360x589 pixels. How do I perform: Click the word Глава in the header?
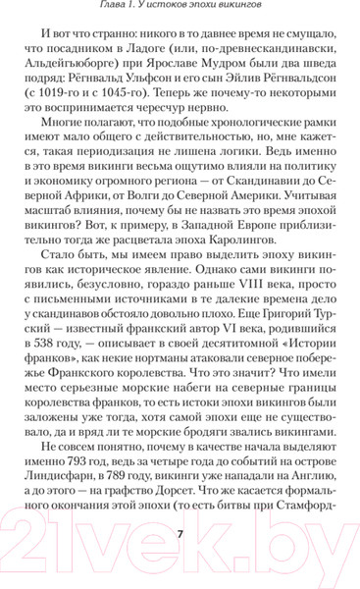click(91, 11)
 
